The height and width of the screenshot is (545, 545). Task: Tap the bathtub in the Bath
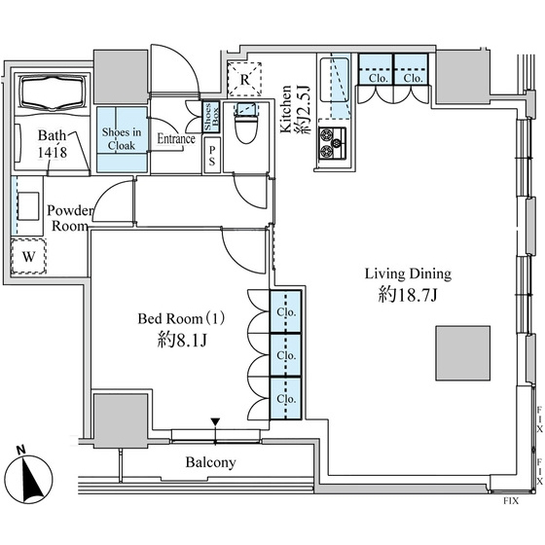pos(53,92)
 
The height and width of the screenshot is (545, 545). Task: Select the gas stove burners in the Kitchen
pos(333,143)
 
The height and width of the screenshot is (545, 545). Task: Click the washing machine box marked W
pos(28,257)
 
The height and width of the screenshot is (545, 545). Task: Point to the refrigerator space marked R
pos(244,80)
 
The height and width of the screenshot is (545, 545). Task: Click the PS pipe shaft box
pos(212,156)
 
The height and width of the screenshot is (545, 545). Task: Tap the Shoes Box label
pos(211,117)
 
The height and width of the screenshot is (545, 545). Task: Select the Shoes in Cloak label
pos(122,138)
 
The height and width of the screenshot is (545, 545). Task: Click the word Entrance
pos(176,138)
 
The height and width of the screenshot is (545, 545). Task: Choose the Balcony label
pos(210,462)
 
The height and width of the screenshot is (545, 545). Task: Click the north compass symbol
pos(28,478)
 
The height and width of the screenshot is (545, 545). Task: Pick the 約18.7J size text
pos(408,296)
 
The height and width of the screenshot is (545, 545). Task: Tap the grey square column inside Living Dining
pos(463,353)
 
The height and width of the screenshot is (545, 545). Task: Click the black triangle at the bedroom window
pos(215,422)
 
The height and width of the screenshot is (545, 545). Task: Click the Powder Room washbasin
pos(28,206)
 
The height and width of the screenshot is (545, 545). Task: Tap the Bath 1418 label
pos(53,144)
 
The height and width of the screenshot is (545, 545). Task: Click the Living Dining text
pos(408,273)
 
